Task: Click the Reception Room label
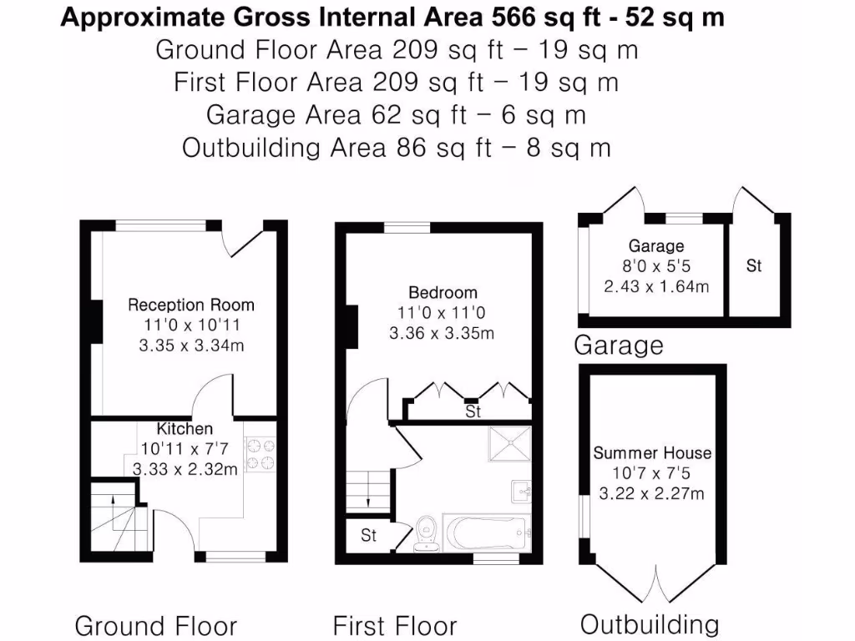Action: [190, 305]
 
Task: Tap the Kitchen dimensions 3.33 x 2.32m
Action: [185, 469]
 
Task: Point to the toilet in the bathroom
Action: [428, 532]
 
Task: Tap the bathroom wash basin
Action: [521, 492]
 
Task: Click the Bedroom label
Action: [443, 293]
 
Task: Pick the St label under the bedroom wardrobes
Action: [473, 412]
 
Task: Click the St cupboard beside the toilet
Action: [368, 536]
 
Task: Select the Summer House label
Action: [652, 453]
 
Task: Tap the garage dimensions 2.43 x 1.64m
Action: [656, 286]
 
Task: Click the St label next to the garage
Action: [754, 266]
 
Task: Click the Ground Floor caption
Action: [156, 626]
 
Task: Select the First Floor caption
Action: [395, 626]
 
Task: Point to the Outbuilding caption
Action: [649, 624]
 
